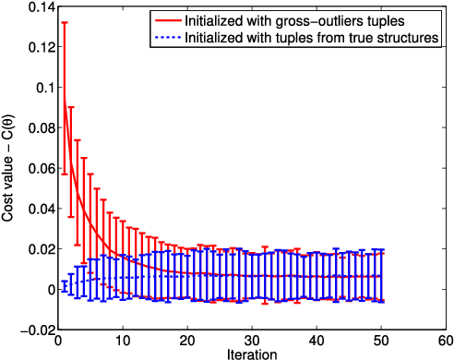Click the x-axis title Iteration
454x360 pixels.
click(x=252, y=353)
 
